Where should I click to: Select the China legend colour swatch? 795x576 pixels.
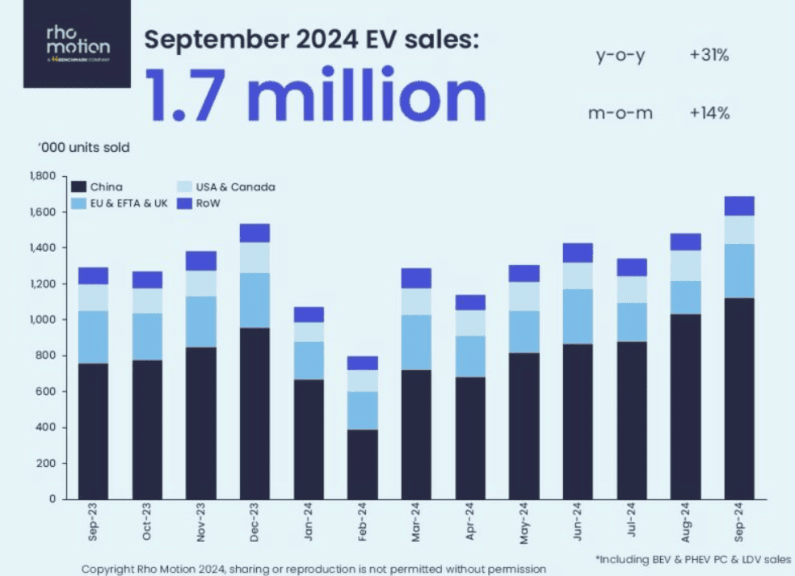[x=78, y=187]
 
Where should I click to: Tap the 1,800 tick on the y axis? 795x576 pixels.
[x=41, y=176]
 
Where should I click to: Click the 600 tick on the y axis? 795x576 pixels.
[x=45, y=392]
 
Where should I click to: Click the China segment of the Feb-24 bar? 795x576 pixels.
[x=363, y=464]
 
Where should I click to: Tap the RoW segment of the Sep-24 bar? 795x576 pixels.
[x=738, y=206]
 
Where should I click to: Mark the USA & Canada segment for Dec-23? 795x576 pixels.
[x=255, y=258]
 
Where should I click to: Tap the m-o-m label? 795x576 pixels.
[x=620, y=114]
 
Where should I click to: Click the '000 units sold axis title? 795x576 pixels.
[x=84, y=148]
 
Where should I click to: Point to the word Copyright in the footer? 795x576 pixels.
[x=110, y=568]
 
